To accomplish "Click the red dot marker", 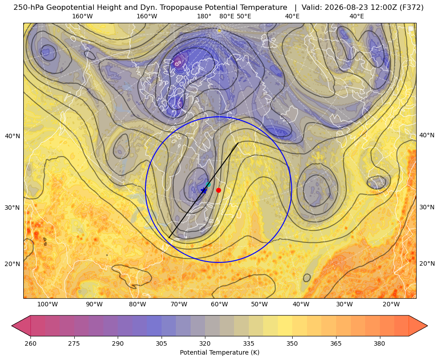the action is (x=219, y=190).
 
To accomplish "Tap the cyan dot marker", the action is (x=208, y=185).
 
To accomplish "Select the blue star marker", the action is (x=204, y=191).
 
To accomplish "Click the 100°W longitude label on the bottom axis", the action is (x=47, y=304).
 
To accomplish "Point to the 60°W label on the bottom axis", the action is (x=219, y=304).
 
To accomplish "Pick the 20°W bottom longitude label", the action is (x=391, y=304).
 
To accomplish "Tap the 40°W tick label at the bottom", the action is (x=301, y=304).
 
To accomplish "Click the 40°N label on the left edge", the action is (x=13, y=136).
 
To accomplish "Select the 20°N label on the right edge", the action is (x=427, y=263).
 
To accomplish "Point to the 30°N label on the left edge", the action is (x=13, y=208).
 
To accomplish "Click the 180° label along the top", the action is (x=204, y=16).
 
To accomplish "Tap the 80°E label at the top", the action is (x=227, y=16).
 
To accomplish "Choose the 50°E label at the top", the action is (x=244, y=16).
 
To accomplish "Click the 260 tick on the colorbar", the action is (x=30, y=343).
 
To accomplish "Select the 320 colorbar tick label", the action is (x=205, y=343).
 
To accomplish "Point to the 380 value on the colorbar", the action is (x=379, y=343).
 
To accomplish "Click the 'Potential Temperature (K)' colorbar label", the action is (x=219, y=352).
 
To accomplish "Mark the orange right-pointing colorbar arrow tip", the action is (x=427, y=326).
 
